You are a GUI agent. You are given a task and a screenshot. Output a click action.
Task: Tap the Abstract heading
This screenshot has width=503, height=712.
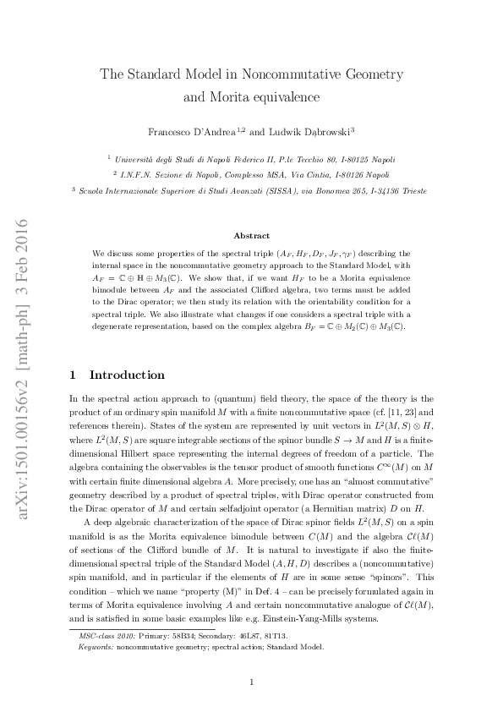click(251, 236)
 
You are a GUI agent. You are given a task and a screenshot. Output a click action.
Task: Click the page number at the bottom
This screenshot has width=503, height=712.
click(251, 682)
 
